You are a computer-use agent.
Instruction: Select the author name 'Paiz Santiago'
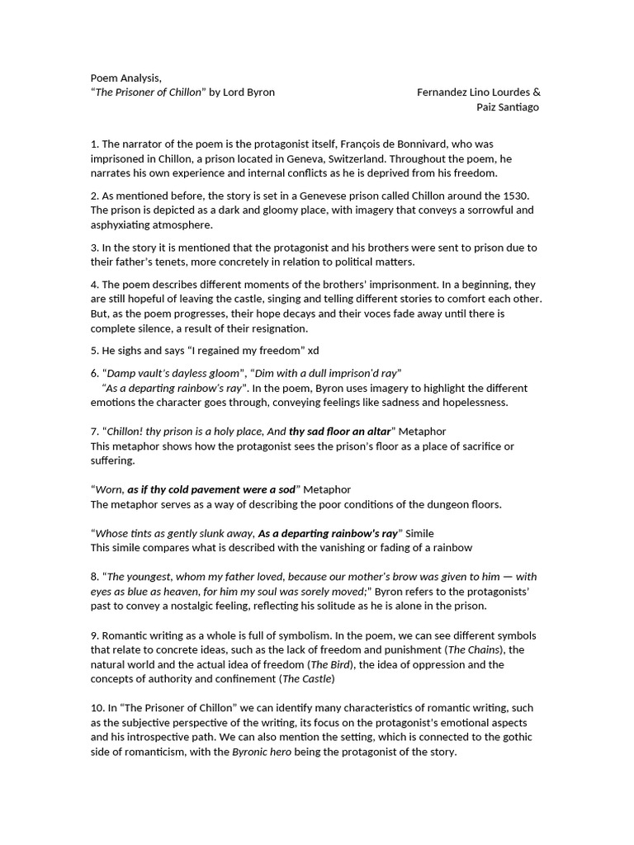point(508,107)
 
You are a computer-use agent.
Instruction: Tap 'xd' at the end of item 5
point(313,351)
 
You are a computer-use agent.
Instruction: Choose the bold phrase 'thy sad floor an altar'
point(339,432)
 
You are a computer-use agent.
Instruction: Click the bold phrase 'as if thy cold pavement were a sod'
point(211,489)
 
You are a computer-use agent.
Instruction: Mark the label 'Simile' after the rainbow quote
point(419,533)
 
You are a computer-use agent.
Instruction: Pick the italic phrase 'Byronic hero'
point(262,753)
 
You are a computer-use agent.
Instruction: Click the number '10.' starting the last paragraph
point(97,708)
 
